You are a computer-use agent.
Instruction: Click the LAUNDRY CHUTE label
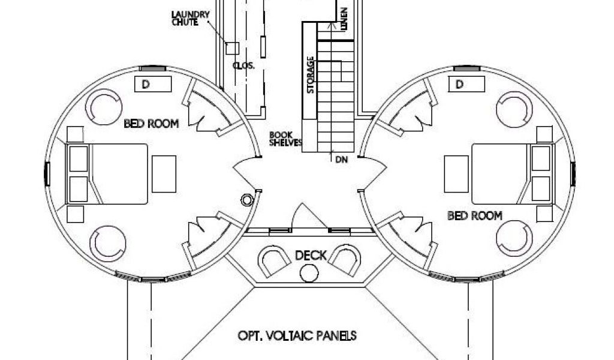click(x=190, y=19)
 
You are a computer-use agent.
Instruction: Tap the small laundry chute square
click(x=232, y=48)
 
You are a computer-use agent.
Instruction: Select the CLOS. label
click(x=243, y=65)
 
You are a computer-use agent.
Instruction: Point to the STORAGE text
click(x=311, y=75)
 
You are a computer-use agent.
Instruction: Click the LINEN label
click(x=344, y=19)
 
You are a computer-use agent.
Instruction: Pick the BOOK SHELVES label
click(x=285, y=139)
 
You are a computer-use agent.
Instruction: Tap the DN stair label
click(x=341, y=160)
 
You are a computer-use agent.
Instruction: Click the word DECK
click(x=311, y=256)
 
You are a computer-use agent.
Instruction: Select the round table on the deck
click(x=309, y=273)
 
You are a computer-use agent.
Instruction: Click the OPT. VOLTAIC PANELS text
click(x=297, y=336)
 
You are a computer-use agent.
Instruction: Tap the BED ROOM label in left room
click(x=151, y=124)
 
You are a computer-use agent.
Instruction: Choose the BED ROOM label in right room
click(x=475, y=215)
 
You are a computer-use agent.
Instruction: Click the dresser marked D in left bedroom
click(x=153, y=84)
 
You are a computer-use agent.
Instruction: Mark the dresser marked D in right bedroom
click(x=466, y=84)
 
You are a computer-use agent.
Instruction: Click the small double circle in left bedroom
click(x=246, y=200)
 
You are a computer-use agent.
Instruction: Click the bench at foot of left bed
click(x=164, y=174)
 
